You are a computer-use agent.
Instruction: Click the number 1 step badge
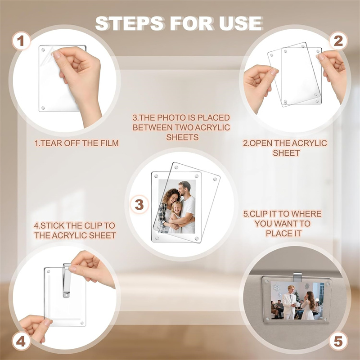[21, 41]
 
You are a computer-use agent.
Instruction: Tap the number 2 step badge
[338, 41]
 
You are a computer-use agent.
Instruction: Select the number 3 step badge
[139, 204]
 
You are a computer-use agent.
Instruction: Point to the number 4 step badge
[21, 342]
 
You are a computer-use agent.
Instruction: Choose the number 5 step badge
[338, 341]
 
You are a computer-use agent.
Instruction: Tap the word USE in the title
[241, 23]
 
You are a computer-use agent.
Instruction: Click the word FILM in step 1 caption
[109, 143]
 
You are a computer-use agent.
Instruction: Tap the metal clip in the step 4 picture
[67, 280]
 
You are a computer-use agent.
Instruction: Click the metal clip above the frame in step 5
[297, 277]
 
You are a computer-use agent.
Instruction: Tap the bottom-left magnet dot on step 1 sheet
[43, 108]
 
